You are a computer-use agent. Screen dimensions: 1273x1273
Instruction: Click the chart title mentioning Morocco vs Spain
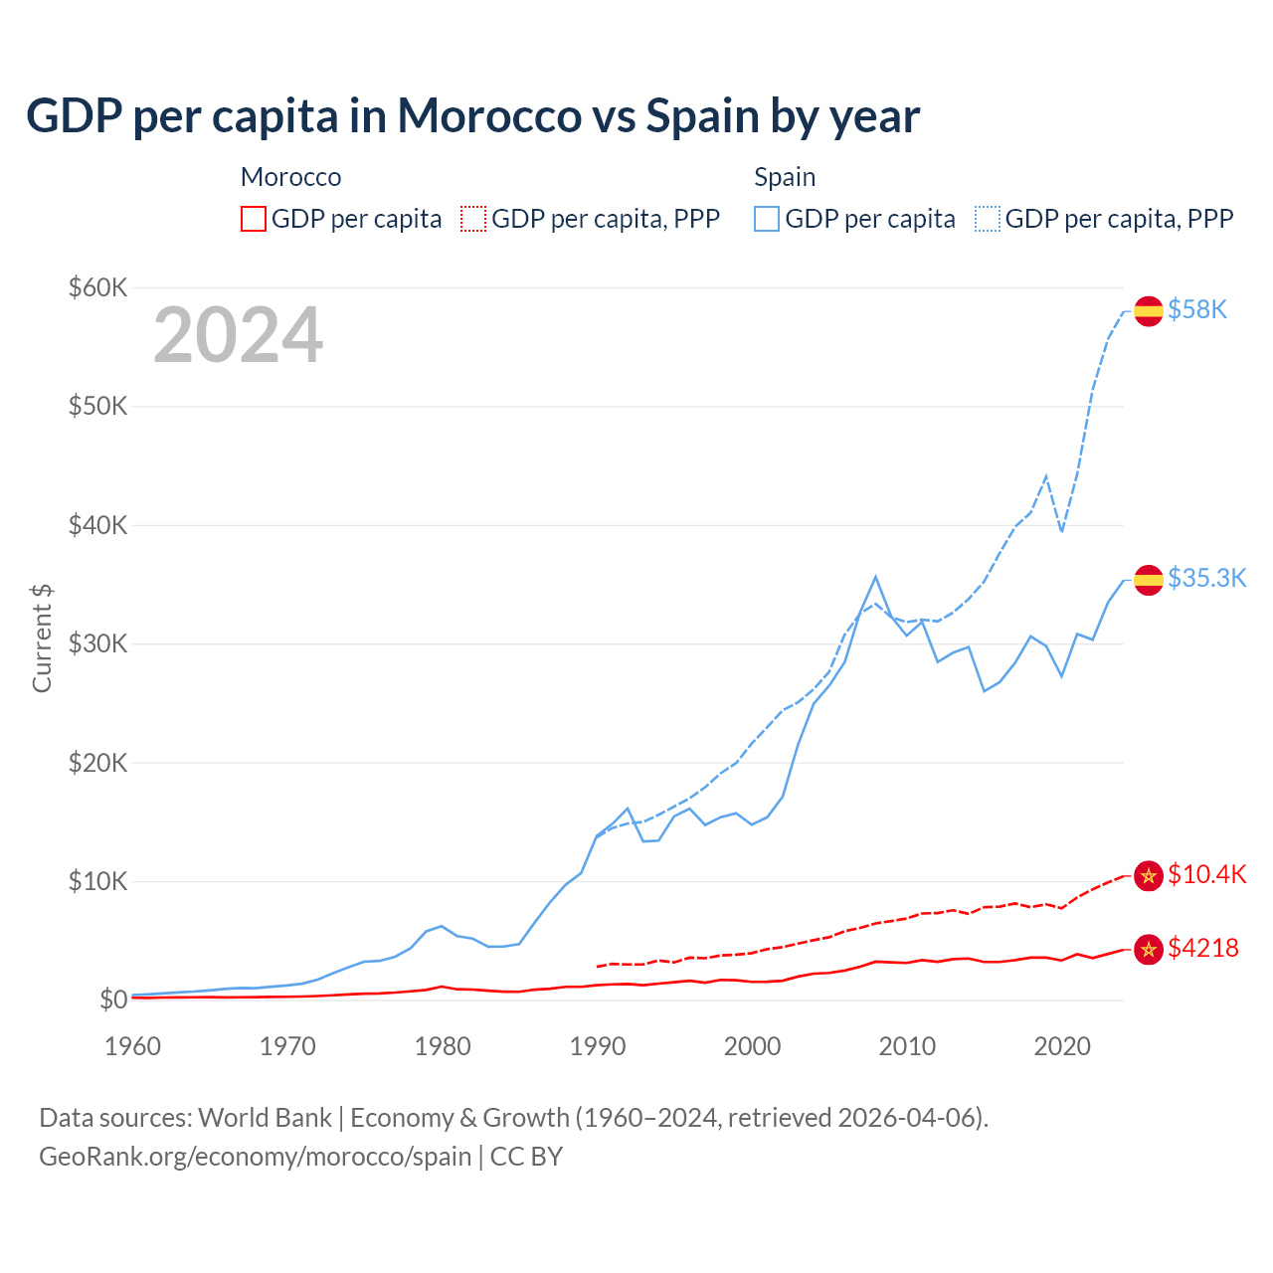[x=472, y=115]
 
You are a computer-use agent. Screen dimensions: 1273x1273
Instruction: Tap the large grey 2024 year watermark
[x=238, y=335]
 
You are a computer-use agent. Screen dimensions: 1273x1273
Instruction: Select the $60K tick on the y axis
[x=97, y=287]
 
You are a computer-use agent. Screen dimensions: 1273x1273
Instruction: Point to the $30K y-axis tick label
[x=97, y=643]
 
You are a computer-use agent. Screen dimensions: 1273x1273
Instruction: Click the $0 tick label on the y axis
[x=112, y=1000]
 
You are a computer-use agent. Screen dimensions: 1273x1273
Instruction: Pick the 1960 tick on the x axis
[x=132, y=1046]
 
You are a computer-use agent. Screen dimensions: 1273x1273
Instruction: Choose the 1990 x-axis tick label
[x=598, y=1046]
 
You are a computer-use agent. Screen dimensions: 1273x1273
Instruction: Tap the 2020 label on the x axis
[x=1062, y=1046]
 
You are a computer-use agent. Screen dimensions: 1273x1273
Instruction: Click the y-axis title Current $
[x=42, y=637]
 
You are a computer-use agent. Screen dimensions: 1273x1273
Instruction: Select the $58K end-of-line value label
[x=1197, y=310]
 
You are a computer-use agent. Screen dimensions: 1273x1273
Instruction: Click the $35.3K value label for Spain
[x=1206, y=579]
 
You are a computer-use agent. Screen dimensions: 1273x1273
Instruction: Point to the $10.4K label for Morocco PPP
[x=1206, y=874]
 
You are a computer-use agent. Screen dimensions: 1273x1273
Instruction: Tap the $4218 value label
[x=1202, y=948]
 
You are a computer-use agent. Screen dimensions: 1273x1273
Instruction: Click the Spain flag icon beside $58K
[x=1149, y=310]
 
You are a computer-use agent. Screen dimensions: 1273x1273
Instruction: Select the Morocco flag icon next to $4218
[x=1149, y=949]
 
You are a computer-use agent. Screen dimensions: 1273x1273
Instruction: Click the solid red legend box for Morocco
[x=254, y=219]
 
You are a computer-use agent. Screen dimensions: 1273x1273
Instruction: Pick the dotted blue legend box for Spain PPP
[x=988, y=219]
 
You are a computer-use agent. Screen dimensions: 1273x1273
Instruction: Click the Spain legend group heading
[x=785, y=177]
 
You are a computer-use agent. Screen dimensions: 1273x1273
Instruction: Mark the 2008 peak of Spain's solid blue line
[x=875, y=577]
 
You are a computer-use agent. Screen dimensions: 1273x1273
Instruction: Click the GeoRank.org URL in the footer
[x=255, y=1157]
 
